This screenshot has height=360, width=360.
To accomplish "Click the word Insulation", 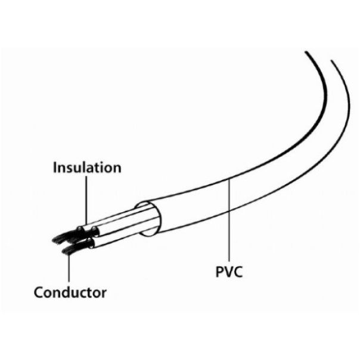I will tap(87, 167).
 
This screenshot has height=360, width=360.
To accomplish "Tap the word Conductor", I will tap(70, 293).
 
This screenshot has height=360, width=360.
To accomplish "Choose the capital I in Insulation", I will tap(55, 167).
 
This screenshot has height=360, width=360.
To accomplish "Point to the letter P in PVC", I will tap(219, 273).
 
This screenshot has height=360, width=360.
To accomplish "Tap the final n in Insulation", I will tap(117, 168).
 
